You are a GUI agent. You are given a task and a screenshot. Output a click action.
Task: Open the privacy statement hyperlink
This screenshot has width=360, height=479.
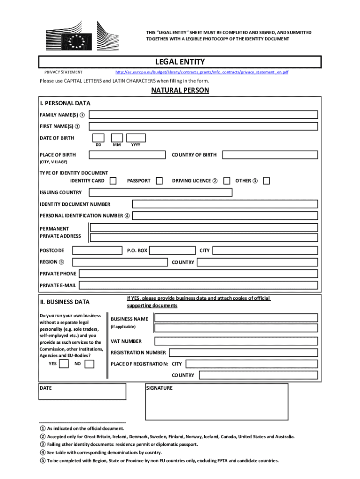(202, 72)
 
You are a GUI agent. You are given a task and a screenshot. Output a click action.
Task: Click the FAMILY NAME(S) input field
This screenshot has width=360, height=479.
(203, 115)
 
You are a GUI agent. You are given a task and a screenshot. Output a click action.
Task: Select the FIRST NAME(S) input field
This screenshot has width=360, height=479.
(203, 126)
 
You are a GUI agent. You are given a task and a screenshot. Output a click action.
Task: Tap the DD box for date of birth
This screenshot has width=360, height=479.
(98, 138)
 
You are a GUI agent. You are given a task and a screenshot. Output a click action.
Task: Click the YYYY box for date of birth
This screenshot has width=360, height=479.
(136, 138)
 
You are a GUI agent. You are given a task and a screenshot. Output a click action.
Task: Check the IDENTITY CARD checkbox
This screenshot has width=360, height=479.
(113, 181)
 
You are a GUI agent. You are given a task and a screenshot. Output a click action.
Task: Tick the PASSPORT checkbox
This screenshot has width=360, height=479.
(159, 181)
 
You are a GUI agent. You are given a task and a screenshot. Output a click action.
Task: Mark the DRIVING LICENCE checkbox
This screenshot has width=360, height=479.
(227, 181)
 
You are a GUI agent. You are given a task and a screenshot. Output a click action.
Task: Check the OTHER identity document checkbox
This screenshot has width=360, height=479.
(266, 181)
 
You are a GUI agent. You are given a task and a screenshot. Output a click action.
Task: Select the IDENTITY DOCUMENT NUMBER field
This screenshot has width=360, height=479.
(225, 204)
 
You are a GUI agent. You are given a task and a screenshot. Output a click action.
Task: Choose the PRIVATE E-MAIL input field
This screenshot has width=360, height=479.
(199, 285)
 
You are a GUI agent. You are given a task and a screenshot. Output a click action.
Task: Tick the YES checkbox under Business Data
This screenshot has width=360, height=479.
(64, 363)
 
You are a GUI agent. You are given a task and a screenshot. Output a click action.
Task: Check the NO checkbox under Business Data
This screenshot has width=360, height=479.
(89, 363)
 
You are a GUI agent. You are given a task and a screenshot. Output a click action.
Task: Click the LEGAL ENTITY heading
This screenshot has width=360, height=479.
(180, 62)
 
